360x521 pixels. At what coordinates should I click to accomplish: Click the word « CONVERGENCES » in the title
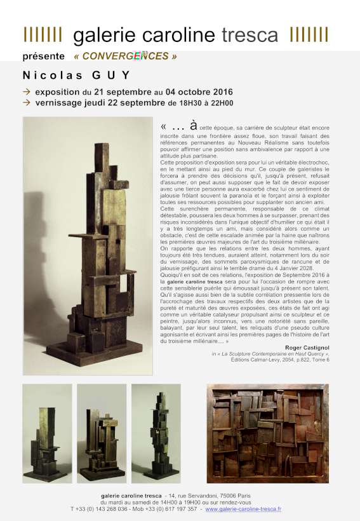[125, 57]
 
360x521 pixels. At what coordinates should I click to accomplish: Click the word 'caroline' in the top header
[174, 35]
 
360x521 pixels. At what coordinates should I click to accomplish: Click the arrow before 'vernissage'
[27, 102]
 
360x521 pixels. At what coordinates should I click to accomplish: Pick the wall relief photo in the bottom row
[267, 433]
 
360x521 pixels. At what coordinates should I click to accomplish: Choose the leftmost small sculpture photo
[47, 433]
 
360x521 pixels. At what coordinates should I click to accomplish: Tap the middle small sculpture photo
[102, 433]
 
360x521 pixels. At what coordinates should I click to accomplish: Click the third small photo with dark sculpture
[156, 433]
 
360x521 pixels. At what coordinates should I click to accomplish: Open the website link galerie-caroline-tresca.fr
[243, 509]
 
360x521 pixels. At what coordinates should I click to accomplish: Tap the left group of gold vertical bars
[43, 34]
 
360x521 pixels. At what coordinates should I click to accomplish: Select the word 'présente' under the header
[43, 57]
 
